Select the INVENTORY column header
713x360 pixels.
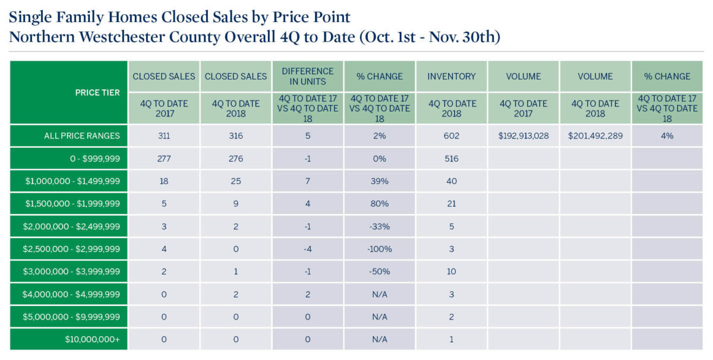452,76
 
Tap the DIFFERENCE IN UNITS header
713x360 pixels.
308,76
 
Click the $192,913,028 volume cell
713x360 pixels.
523,135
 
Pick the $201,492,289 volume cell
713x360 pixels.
595,135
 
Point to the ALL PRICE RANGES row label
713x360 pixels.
82,135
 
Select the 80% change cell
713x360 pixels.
380,204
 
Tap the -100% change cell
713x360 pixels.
380,249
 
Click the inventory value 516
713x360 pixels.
452,159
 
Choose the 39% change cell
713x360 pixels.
380,181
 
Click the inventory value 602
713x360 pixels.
452,135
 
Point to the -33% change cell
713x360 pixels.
380,226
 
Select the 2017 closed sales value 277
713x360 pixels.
164,159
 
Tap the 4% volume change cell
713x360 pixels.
667,135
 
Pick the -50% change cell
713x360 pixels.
380,271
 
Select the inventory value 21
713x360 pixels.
452,204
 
